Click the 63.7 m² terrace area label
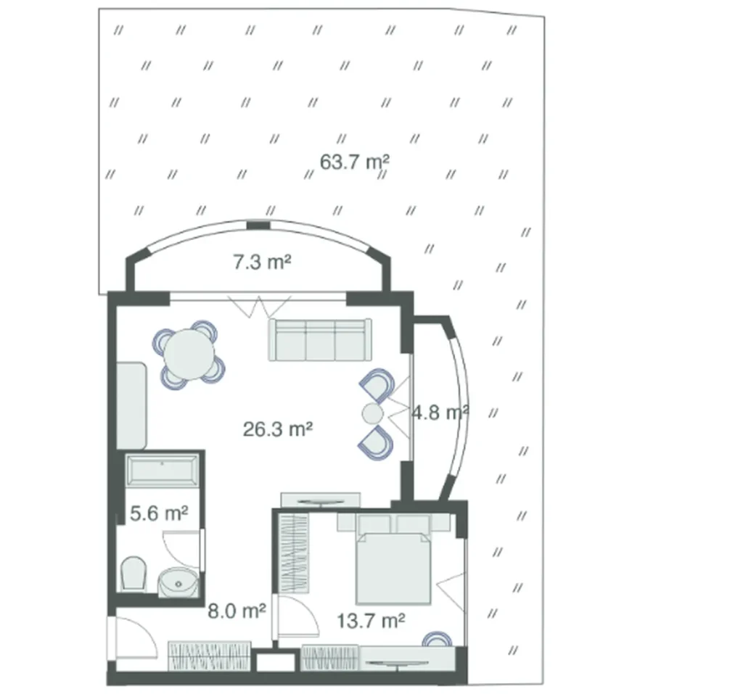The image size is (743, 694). point(355,162)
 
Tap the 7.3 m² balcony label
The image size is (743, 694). point(262,262)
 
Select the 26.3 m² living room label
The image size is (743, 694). point(278,429)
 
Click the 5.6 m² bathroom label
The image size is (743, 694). point(159,513)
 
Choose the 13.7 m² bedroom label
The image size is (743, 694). point(370,621)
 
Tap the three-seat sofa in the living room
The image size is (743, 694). point(320,339)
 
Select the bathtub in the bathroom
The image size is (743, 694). point(162,471)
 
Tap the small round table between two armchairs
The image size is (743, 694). point(372,413)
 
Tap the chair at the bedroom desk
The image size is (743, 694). point(438,639)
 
